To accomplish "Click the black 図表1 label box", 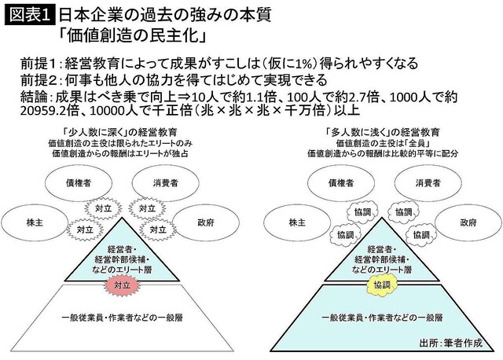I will [28, 16].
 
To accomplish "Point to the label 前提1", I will [41, 63].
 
